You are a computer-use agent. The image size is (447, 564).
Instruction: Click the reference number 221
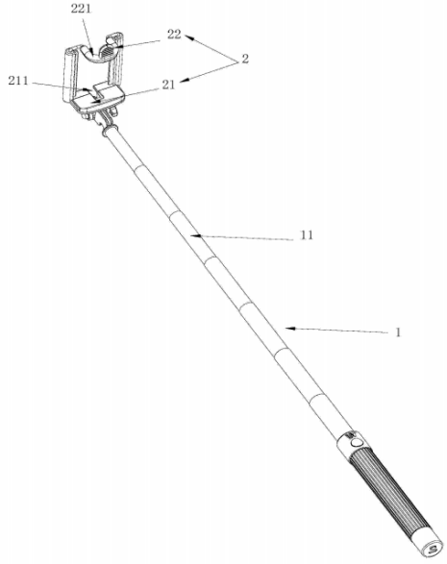tap(81, 9)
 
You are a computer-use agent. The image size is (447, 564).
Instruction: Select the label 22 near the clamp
tap(174, 35)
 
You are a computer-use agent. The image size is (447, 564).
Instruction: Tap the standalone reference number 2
tap(245, 59)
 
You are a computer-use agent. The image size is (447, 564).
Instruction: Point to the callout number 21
tap(168, 85)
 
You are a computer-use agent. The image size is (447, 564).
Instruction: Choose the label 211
tap(18, 81)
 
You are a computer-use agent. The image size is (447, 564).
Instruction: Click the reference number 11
tap(307, 235)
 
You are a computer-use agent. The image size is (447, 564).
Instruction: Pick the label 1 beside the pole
tap(398, 332)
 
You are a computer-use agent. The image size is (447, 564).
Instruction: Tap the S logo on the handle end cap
tap(432, 550)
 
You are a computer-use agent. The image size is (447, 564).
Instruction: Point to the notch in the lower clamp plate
tap(96, 93)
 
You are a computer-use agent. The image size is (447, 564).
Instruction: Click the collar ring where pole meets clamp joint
tap(110, 131)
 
